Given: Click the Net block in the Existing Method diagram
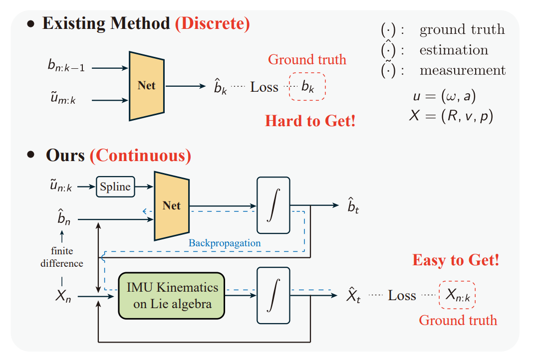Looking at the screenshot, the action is tap(147, 86).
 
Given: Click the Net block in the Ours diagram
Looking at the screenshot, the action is tap(172, 206).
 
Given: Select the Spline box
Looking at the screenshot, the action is tap(115, 187).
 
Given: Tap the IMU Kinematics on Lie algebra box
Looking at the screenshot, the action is tap(172, 296).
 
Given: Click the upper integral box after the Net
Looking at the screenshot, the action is tap(273, 205).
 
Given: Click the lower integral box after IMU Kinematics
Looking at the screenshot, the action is tap(273, 296).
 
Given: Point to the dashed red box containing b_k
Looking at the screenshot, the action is tap(307, 86).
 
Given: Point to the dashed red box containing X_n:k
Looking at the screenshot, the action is tap(457, 295).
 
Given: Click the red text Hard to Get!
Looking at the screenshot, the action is tap(310, 121).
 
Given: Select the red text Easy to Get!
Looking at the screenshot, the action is tap(456, 260).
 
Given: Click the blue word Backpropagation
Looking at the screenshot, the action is tap(225, 243).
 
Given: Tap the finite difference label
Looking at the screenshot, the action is tap(62, 257).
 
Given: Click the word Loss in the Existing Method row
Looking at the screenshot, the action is tap(264, 87).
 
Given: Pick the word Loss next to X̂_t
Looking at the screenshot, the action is tap(402, 296).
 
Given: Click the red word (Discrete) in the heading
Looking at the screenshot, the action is tap(213, 23).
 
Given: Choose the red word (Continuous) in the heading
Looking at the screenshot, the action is tap(140, 156).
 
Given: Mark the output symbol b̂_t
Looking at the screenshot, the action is tap(353, 206).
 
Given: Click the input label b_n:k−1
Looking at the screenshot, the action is tap(66, 65).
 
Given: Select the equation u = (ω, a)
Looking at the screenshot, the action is tap(445, 96).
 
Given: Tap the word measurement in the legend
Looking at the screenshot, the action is tap(463, 70).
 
